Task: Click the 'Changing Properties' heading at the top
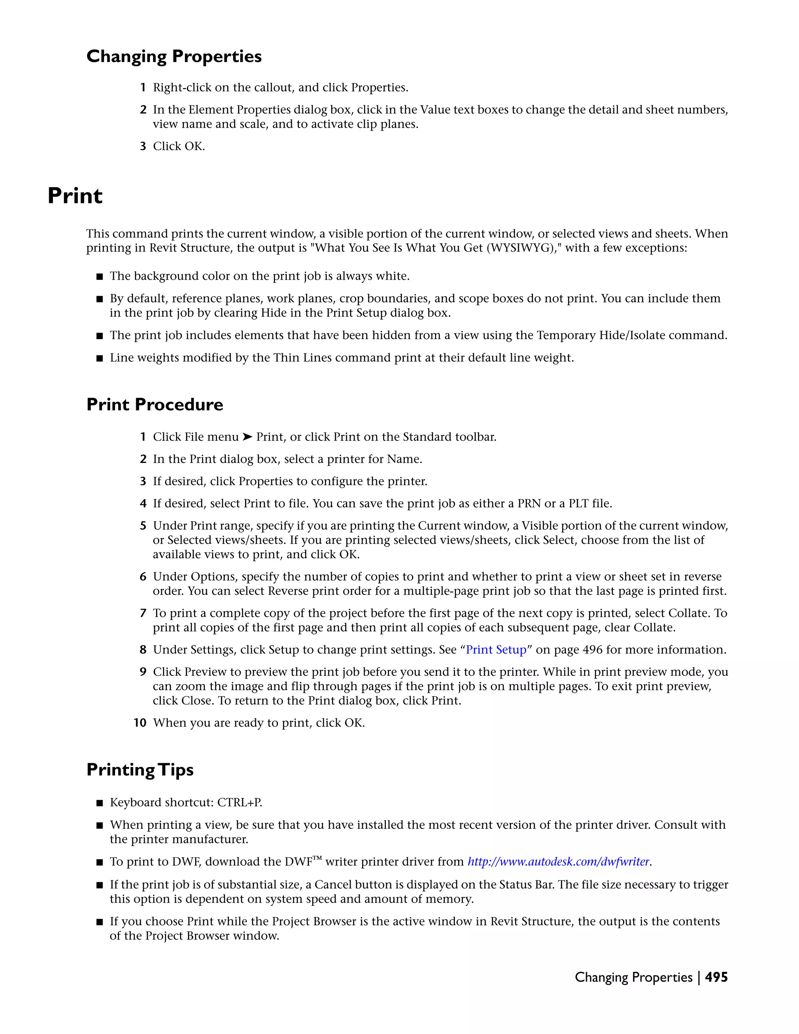[x=174, y=56]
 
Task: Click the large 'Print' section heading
[x=75, y=196]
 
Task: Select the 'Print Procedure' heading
[x=155, y=405]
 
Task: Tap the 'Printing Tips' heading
[x=140, y=770]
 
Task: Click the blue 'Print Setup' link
[x=496, y=650]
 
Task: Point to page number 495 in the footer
[x=716, y=977]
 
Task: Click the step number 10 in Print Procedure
[x=140, y=723]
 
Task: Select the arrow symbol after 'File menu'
[x=248, y=437]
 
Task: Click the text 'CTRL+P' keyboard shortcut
[x=240, y=803]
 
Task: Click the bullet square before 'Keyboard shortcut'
[x=99, y=803]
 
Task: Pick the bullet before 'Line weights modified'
[x=99, y=359]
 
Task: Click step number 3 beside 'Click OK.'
[x=143, y=146]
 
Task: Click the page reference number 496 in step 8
[x=593, y=650]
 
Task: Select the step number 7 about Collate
[x=143, y=614]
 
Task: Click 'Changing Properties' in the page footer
[x=633, y=977]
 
